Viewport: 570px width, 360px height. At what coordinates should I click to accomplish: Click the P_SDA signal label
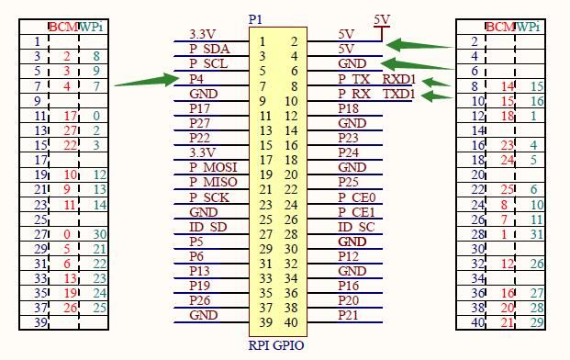point(209,49)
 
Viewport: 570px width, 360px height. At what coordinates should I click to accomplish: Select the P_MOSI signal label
point(213,167)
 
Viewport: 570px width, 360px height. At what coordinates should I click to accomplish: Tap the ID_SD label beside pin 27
point(208,227)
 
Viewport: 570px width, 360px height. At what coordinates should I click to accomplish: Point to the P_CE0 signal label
point(357,197)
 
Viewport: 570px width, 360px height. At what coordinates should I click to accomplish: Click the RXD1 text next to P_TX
point(398,79)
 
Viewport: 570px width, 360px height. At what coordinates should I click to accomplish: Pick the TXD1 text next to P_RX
point(398,94)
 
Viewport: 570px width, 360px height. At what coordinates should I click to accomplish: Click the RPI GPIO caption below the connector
point(276,345)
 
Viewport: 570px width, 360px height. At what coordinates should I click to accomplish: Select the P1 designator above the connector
point(255,19)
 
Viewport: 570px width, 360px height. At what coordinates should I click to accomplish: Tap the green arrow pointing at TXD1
point(437,96)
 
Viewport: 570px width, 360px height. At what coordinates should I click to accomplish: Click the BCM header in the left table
point(63,27)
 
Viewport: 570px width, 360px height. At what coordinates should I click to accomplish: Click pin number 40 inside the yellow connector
point(291,322)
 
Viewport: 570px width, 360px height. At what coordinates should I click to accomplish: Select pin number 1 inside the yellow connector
point(263,42)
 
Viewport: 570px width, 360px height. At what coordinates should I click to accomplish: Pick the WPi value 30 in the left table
point(99,234)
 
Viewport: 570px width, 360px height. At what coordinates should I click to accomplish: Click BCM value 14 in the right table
point(508,86)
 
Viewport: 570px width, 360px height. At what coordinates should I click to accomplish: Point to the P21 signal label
point(348,315)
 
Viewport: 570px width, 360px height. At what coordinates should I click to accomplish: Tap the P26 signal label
point(199,300)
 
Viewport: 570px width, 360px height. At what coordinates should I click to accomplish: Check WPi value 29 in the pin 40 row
point(537,322)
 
